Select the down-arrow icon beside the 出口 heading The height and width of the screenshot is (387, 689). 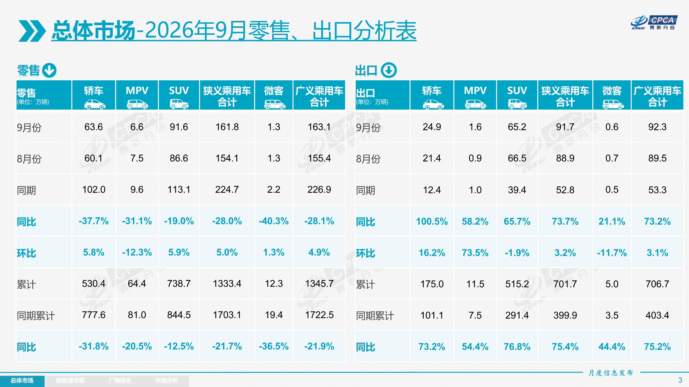pos(389,70)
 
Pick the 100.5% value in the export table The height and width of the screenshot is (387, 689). pos(432,221)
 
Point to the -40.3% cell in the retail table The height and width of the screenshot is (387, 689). pos(274,221)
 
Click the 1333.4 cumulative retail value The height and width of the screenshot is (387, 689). pos(227,284)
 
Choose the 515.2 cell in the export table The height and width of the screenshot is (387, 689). pos(517,284)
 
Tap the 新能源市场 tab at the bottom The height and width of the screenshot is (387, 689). pos(70,380)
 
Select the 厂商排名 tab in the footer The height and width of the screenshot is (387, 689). pos(120,380)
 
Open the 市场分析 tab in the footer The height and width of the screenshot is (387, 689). pos(166,380)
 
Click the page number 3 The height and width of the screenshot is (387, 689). pos(680,380)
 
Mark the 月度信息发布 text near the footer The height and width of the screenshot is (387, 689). pos(611,373)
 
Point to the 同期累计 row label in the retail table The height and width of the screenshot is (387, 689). pos(36,316)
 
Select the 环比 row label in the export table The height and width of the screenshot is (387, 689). pos(365,253)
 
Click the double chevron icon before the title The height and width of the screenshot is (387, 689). pos(32,31)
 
